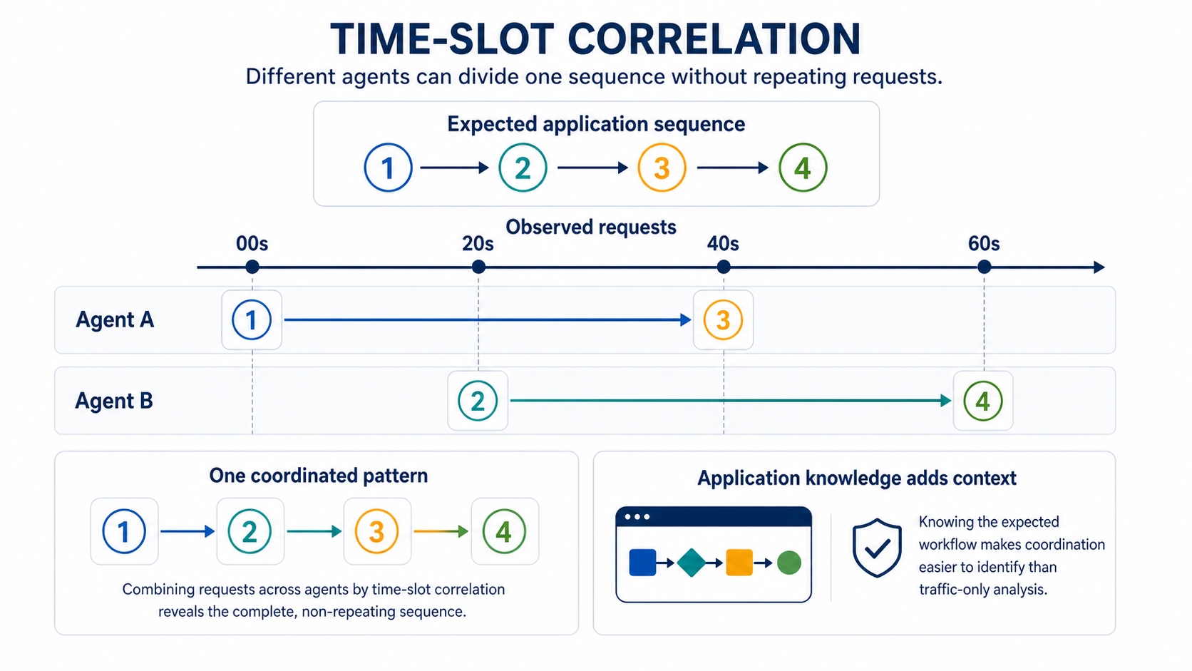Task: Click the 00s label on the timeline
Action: (252, 244)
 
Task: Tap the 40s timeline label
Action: (723, 244)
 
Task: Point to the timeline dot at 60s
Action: (984, 267)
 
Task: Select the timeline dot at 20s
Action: (478, 267)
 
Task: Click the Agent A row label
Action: (115, 319)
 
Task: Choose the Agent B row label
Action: (114, 401)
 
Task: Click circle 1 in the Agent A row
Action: (252, 319)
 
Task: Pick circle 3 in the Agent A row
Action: (723, 319)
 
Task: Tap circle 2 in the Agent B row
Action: (478, 401)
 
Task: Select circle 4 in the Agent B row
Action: (983, 401)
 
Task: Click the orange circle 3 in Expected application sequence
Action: (662, 168)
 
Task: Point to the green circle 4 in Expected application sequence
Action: (803, 168)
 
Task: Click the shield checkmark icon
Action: (876, 548)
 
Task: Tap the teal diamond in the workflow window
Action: (692, 563)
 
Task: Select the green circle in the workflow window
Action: (788, 563)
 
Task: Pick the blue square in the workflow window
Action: (642, 563)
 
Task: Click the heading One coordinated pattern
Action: (318, 476)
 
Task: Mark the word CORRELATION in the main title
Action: (714, 39)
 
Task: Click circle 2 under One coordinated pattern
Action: (250, 531)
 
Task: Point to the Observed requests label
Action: (591, 227)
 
